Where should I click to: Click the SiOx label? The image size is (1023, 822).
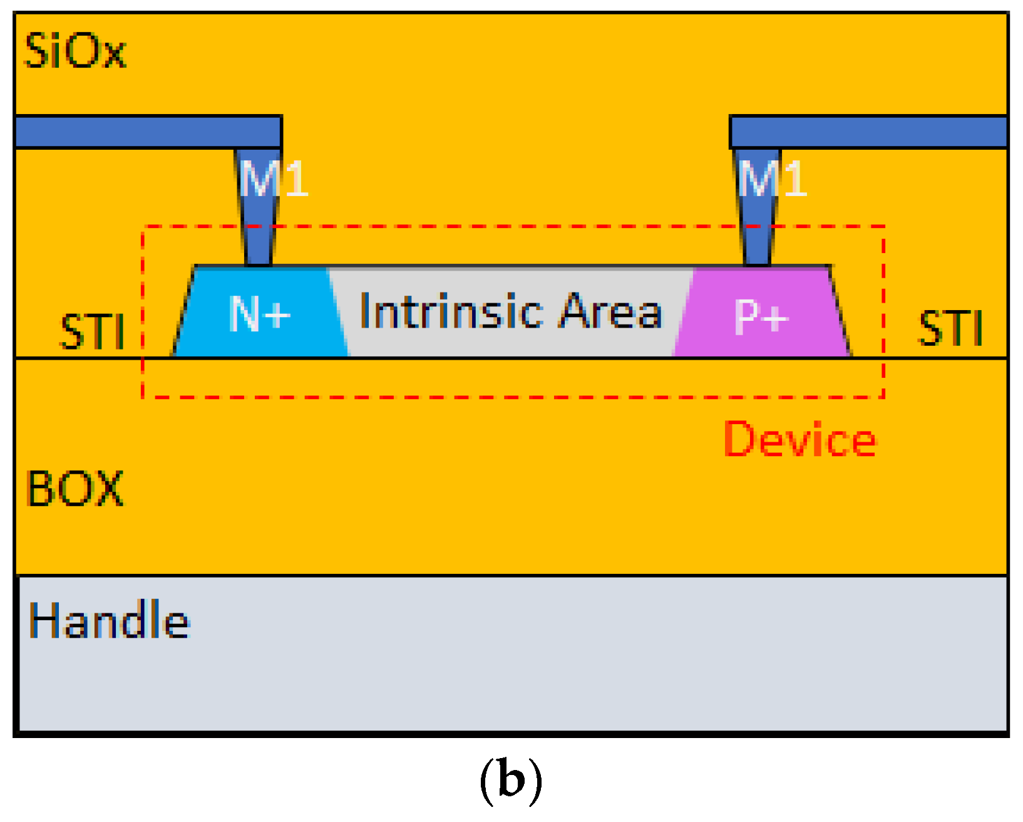point(75,51)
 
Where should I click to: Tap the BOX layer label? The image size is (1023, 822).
point(75,488)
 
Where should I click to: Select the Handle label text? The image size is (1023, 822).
point(109,620)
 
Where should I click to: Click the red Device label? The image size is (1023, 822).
point(799,440)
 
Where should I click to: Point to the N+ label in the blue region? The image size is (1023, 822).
point(259,313)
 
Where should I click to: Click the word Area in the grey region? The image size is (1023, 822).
point(610,311)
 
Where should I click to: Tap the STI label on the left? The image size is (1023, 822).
point(91,331)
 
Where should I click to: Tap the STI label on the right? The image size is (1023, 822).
point(950,328)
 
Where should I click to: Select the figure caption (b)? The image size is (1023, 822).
point(510,781)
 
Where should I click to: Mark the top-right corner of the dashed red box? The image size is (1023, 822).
point(883,226)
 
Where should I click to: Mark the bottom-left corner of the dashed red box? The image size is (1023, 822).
point(143,397)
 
